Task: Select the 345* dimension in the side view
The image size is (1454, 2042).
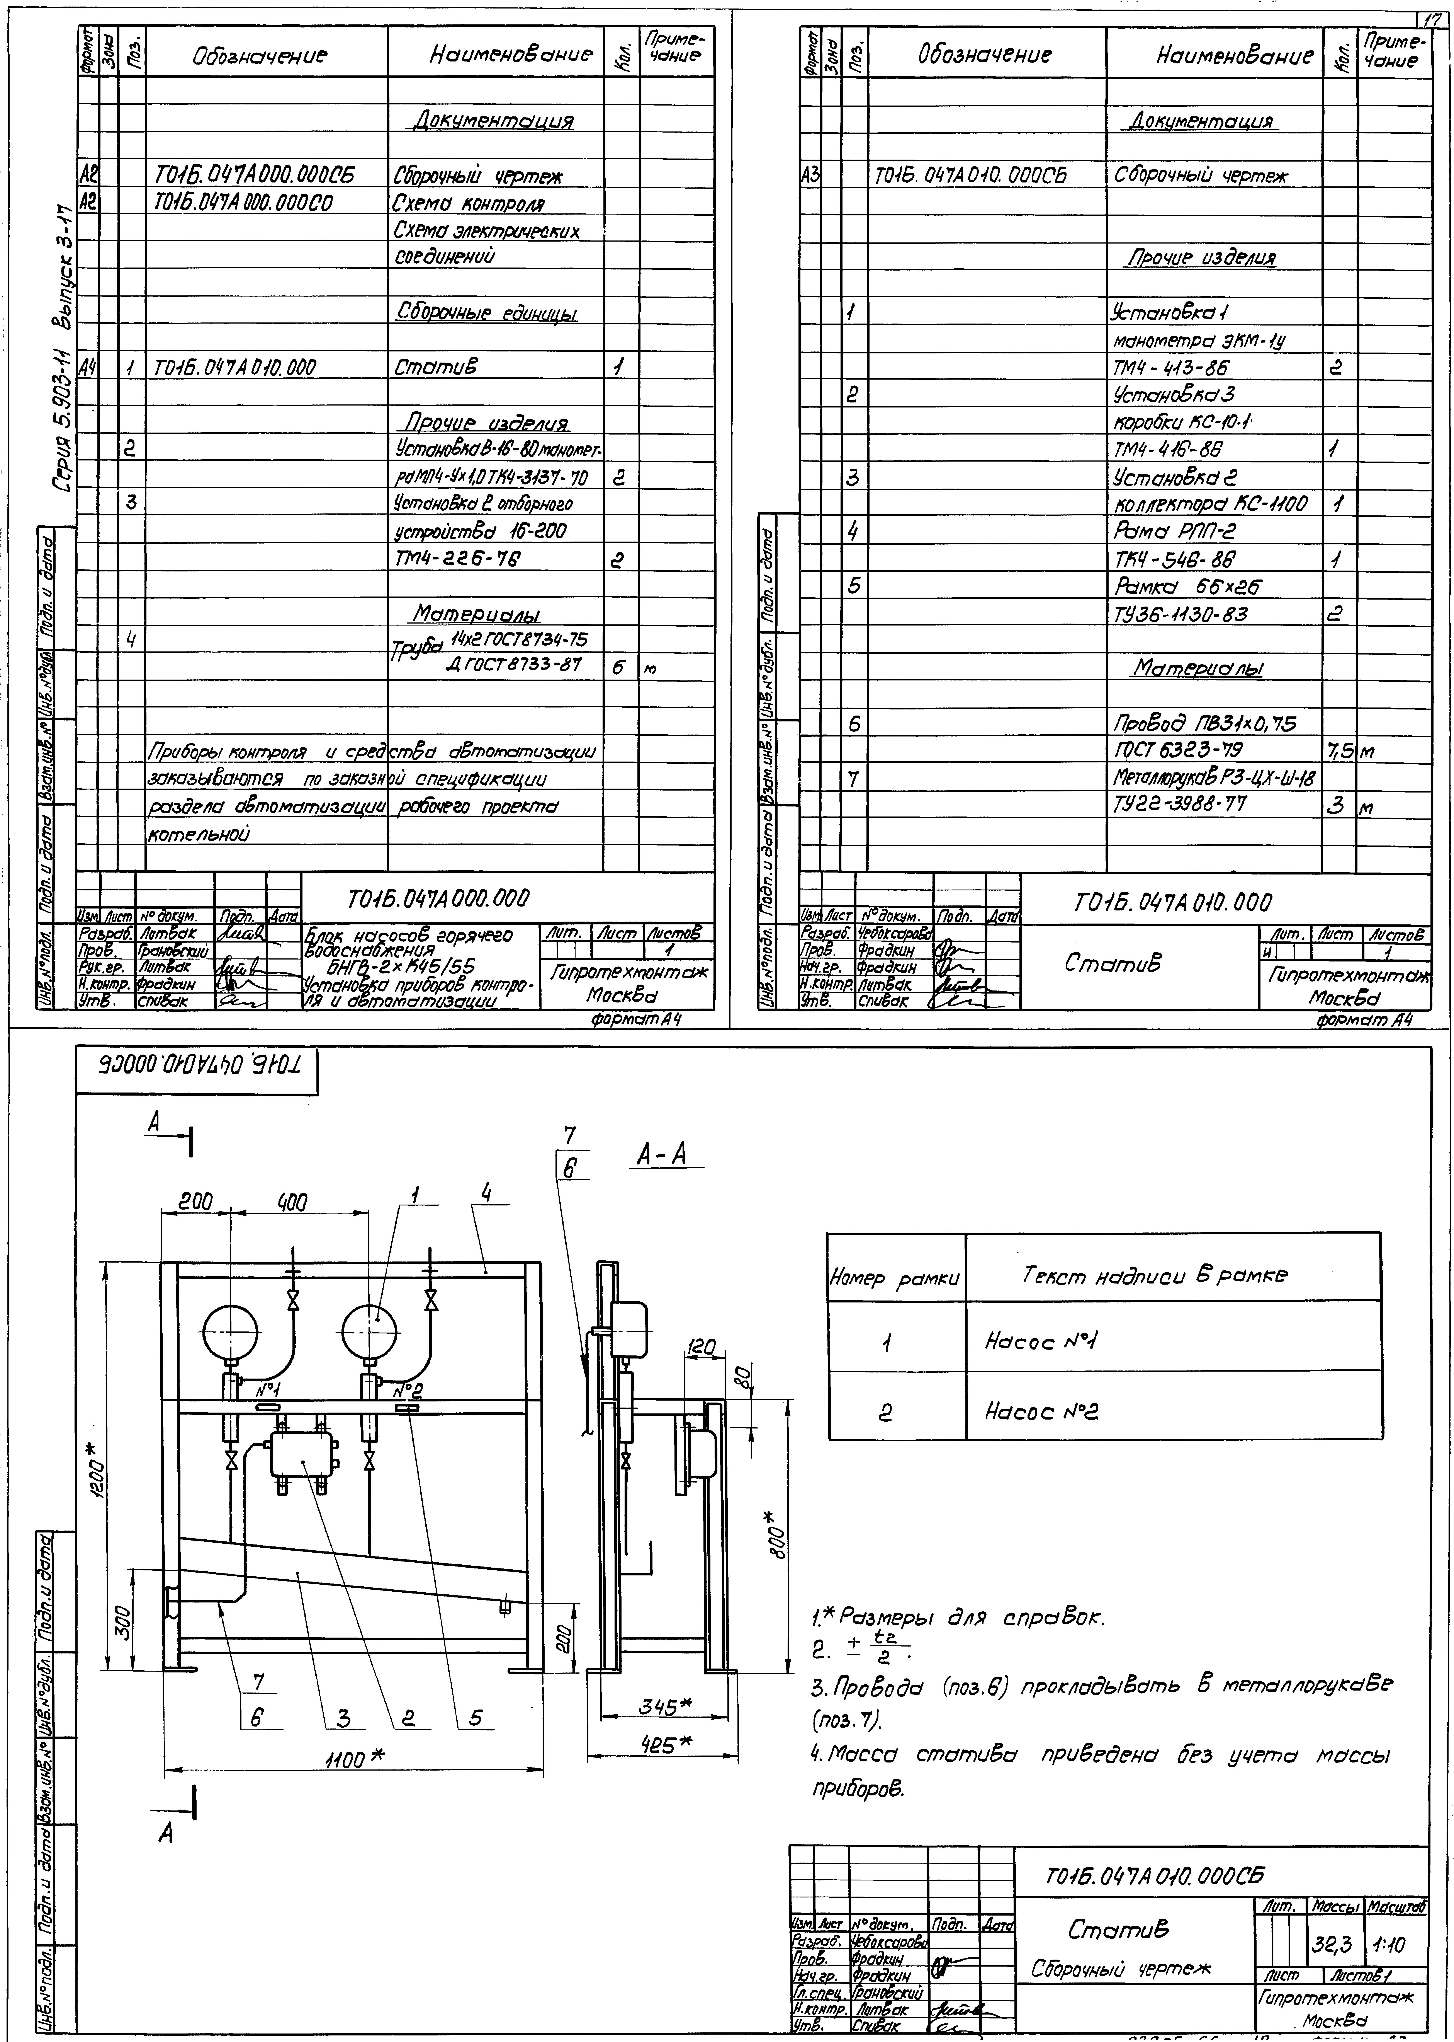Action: (664, 1706)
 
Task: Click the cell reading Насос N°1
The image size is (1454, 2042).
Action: (1041, 1341)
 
